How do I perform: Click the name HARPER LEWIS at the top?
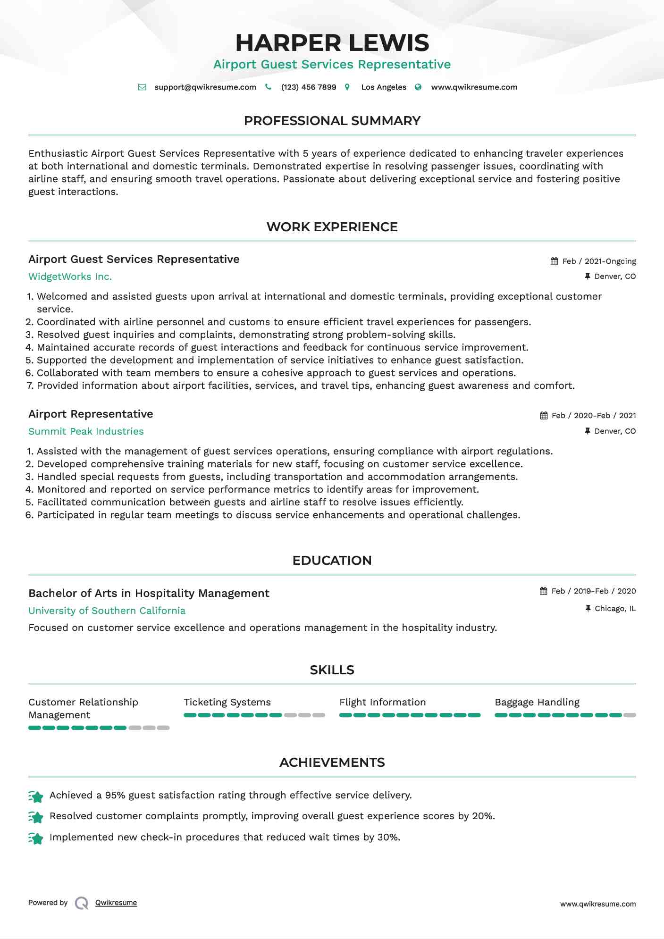(332, 43)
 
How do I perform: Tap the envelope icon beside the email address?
(142, 87)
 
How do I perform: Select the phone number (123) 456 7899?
(308, 87)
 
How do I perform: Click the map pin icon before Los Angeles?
(347, 87)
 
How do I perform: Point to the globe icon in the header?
(418, 87)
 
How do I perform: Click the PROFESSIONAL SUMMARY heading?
(332, 121)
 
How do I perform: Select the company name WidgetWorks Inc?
(70, 277)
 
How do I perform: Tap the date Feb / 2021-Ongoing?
(599, 261)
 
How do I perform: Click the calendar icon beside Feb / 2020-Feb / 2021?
(544, 416)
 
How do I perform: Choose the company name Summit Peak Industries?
(86, 432)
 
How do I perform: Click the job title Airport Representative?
(91, 414)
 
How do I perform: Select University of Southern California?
(107, 611)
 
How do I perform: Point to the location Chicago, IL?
(615, 609)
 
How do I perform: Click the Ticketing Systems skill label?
(227, 703)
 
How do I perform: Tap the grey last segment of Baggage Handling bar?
(630, 715)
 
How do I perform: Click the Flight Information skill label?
(382, 703)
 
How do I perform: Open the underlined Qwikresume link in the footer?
(116, 903)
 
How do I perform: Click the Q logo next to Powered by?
(82, 903)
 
